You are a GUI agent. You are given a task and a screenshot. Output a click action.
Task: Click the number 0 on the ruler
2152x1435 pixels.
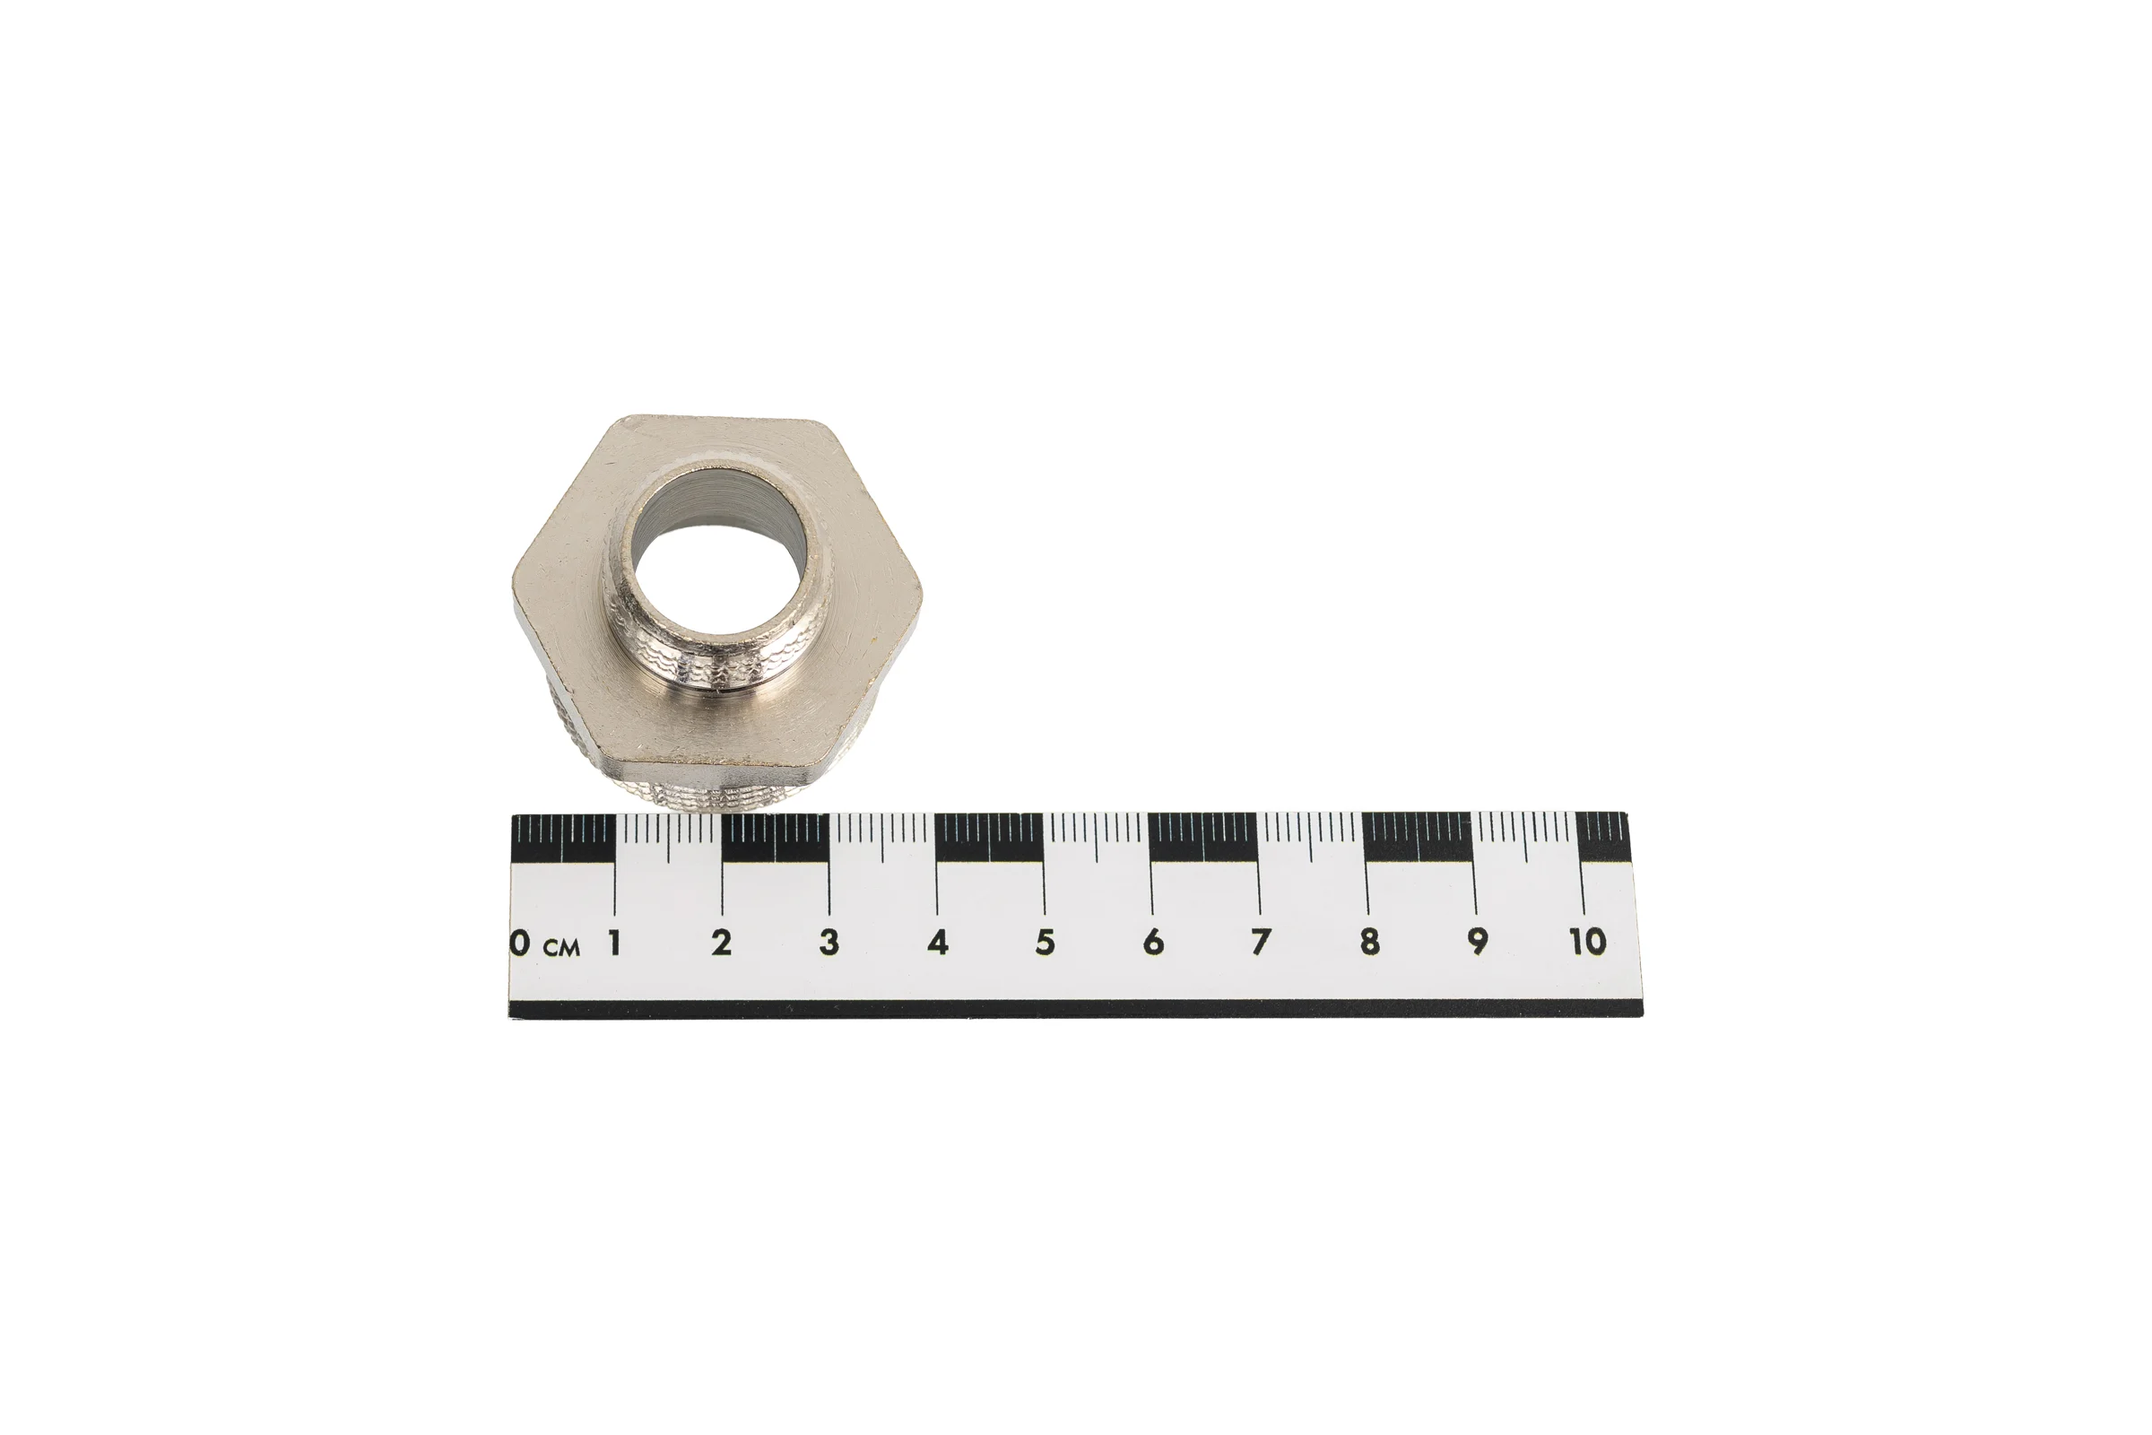(520, 943)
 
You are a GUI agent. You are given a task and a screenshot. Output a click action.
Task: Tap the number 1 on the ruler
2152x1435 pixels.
(615, 943)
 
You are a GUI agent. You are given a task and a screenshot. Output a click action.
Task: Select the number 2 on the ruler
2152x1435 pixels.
(722, 943)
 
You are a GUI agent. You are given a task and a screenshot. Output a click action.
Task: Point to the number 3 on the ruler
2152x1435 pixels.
(829, 943)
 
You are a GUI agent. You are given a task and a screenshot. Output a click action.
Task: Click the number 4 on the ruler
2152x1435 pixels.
(938, 943)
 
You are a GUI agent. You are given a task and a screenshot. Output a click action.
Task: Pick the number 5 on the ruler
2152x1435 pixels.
(1045, 943)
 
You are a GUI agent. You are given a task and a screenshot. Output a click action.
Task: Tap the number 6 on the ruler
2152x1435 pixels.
(1153, 943)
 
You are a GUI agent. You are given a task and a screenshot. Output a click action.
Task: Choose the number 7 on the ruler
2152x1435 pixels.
(1261, 943)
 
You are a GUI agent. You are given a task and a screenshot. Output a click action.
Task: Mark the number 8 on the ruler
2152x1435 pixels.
(1369, 943)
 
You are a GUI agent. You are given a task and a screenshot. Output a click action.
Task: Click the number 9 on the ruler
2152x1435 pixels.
(1477, 943)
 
